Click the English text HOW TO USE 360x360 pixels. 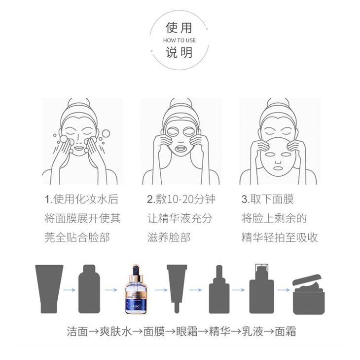click(180, 40)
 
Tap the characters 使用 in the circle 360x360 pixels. click(179, 28)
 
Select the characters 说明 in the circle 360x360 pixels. click(179, 52)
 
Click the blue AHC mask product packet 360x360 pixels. click(136, 289)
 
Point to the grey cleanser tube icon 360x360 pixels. click(49, 289)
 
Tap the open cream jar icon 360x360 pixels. click(309, 294)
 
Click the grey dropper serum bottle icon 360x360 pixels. click(219, 289)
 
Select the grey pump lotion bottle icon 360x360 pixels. click(261, 288)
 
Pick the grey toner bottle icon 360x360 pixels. click(89, 289)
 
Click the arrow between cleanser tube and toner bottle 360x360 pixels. click(70, 290)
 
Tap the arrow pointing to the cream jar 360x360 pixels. click(284, 290)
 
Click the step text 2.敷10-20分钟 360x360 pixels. click(181, 199)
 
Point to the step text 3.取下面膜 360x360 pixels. click(268, 199)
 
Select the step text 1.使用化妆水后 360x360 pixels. click(81, 199)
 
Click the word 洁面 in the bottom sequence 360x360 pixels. click(77, 331)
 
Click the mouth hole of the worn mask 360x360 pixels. click(181, 150)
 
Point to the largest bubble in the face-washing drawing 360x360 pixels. click(106, 133)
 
